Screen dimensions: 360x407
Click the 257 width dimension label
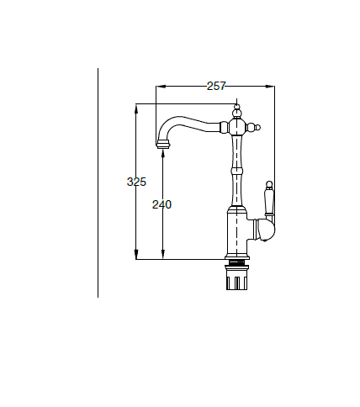(x=216, y=86)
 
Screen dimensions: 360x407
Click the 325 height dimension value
(x=136, y=182)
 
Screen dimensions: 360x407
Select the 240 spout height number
(x=161, y=204)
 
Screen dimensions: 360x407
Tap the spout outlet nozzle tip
(x=163, y=144)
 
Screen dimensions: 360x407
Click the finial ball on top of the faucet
(x=237, y=113)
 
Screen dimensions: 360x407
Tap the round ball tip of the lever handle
(x=269, y=184)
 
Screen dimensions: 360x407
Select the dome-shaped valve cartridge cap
(x=265, y=230)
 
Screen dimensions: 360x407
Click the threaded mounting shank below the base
(x=237, y=262)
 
